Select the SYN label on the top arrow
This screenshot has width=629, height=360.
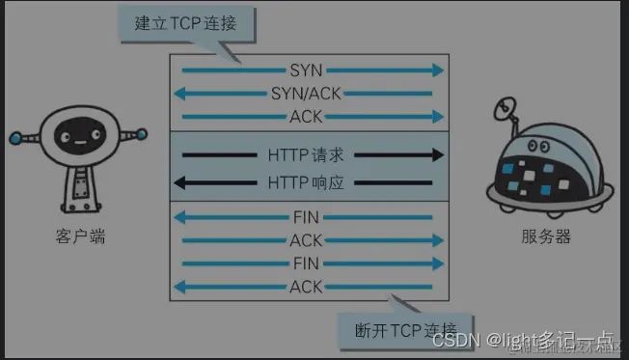pos(307,70)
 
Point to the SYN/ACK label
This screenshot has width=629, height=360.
pos(307,94)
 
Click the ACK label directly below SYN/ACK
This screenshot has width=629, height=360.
pos(307,117)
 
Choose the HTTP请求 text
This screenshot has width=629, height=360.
pos(307,154)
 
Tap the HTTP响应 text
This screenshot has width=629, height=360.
pos(307,182)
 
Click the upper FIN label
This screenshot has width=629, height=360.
pos(307,217)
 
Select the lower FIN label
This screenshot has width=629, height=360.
pos(307,263)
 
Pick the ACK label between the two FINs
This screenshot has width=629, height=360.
pos(307,240)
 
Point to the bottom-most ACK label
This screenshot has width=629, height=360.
pos(307,287)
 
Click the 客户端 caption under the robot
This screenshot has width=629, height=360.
pos(81,235)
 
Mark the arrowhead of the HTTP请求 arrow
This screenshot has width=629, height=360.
pos(439,154)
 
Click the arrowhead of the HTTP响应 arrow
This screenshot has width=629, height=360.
pos(179,182)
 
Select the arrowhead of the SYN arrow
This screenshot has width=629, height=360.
pos(439,70)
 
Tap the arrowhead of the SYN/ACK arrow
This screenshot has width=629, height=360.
pos(179,94)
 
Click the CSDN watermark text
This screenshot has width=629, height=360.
pos(456,341)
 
